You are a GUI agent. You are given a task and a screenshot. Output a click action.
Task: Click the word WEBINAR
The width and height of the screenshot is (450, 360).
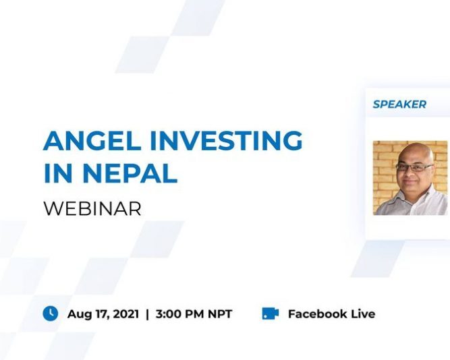(x=92, y=208)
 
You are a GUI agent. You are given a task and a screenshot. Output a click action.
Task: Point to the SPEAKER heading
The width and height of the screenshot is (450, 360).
(x=399, y=104)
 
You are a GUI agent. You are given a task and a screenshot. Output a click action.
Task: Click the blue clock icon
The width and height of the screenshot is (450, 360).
(x=51, y=313)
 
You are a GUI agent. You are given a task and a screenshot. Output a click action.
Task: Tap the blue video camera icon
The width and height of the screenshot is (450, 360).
(x=270, y=313)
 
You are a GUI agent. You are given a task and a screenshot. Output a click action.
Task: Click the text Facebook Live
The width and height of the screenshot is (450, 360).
(x=331, y=313)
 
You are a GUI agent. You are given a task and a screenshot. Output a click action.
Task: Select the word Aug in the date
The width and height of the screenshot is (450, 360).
(x=80, y=314)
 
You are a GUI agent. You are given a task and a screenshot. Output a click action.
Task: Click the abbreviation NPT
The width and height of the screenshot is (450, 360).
(x=219, y=314)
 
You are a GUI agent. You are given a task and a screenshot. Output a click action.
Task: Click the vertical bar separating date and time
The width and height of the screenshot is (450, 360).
(x=147, y=314)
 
